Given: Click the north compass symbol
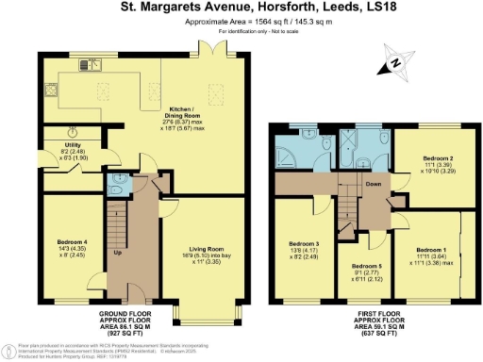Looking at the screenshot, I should coord(392,65).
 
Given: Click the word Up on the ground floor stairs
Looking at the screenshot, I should coord(116,254).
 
